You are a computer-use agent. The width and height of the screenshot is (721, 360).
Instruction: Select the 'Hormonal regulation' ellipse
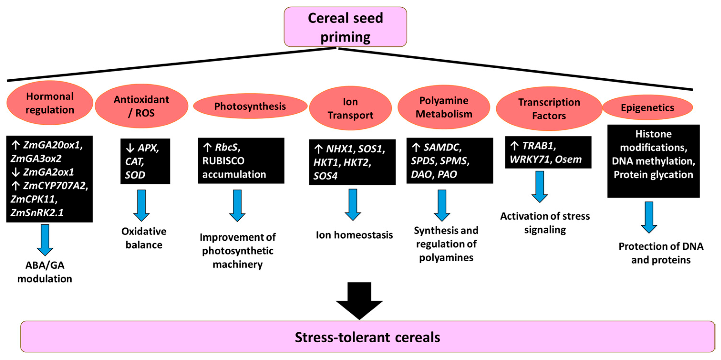click(50, 103)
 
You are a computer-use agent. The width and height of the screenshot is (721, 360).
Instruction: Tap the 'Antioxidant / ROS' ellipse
click(141, 106)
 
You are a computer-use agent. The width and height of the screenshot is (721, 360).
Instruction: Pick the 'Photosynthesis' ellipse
click(250, 106)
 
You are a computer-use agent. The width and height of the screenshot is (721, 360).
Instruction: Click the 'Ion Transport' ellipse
click(350, 108)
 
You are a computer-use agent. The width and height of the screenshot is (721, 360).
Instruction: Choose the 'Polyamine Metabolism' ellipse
click(444, 107)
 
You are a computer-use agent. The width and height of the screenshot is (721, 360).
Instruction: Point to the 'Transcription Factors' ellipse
click(549, 109)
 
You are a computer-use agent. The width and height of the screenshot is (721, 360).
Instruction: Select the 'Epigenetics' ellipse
click(647, 108)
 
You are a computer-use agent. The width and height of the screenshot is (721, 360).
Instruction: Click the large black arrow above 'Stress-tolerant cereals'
click(359, 301)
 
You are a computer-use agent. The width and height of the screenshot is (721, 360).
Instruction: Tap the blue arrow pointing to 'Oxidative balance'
click(141, 205)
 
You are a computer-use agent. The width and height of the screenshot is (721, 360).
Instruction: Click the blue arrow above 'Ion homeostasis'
click(353, 204)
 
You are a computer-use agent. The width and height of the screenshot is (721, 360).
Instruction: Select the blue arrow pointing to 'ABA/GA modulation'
click(45, 240)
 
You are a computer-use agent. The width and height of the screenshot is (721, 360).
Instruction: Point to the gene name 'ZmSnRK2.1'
click(37, 213)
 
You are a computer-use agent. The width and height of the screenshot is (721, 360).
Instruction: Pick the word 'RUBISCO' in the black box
click(223, 161)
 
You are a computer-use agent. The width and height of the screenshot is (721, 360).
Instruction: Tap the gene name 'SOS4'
click(325, 176)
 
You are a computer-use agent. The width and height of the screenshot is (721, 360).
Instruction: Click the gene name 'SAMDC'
click(442, 147)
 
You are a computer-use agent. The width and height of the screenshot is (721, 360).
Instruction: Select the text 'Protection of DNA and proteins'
click(661, 253)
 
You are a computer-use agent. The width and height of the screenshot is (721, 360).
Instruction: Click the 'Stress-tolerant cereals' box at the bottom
click(367, 337)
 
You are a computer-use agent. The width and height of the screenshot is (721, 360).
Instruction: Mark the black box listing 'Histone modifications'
click(653, 161)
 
